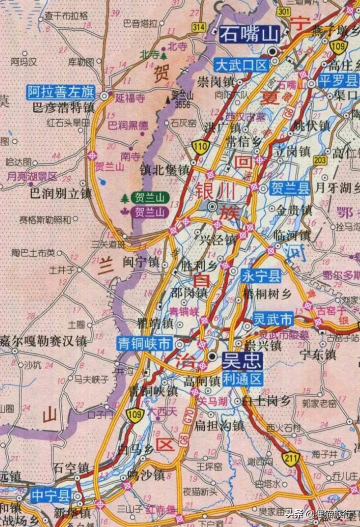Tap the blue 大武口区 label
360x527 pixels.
point(242,64)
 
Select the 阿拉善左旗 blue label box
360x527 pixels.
point(61,92)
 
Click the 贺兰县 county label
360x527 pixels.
point(289,188)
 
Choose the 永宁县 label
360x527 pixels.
point(261,275)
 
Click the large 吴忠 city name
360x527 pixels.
point(242,359)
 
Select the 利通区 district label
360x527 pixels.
point(242,379)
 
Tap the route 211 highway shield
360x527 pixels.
point(291,458)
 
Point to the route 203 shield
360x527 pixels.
point(320,160)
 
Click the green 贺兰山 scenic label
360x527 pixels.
point(149,197)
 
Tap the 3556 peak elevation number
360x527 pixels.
point(182,105)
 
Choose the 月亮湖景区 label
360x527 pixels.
point(32,176)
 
